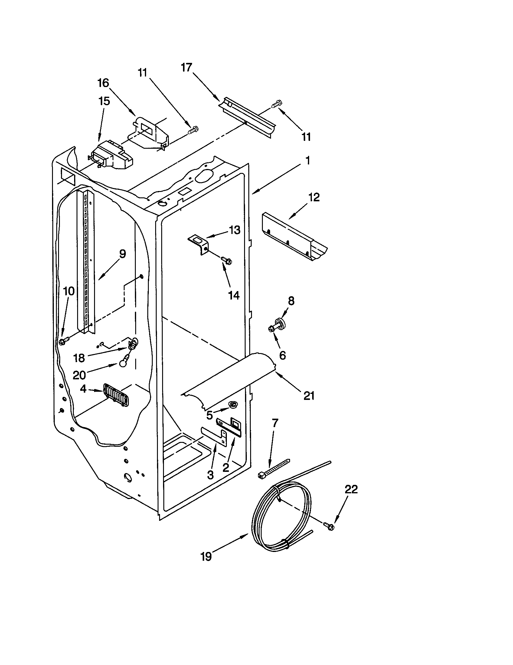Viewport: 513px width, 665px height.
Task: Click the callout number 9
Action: tap(122, 254)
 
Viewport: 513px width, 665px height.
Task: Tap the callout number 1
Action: tap(308, 161)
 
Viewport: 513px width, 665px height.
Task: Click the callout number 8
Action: tap(291, 301)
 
